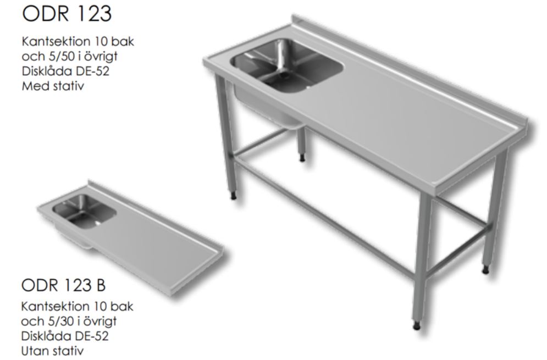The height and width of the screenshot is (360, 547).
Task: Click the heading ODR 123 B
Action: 63,285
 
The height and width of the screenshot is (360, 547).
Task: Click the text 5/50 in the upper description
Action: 55,56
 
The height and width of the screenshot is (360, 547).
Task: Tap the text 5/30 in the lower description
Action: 55,321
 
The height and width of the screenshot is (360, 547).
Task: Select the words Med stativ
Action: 53,86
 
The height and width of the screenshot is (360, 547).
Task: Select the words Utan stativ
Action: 52,351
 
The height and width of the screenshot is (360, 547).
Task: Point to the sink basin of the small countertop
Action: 84,211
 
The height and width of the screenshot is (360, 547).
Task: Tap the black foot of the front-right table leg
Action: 417,326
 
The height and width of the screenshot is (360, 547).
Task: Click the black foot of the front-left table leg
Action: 234,196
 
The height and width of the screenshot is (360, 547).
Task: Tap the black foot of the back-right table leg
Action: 485,270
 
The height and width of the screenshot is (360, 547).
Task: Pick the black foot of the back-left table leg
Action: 302,158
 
